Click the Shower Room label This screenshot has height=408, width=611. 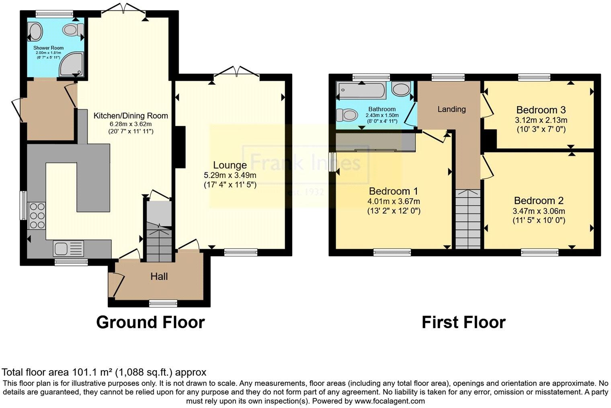[48, 48]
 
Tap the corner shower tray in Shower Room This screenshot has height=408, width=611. [71, 64]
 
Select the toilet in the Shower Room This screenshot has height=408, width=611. [73, 29]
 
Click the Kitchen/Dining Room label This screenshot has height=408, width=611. [131, 116]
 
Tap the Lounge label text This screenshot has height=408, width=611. [230, 165]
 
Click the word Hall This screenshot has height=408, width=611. [159, 277]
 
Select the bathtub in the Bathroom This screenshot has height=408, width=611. [362, 90]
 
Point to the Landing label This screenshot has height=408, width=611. [452, 109]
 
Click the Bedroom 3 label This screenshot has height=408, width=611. [541, 110]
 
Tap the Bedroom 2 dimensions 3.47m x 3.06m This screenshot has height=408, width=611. [539, 211]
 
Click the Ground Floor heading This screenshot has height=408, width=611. [150, 322]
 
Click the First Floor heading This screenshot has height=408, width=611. [464, 322]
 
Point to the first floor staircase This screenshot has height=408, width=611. [468, 219]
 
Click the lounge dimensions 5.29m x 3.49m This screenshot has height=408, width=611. [230, 175]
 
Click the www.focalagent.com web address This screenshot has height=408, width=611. [390, 401]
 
